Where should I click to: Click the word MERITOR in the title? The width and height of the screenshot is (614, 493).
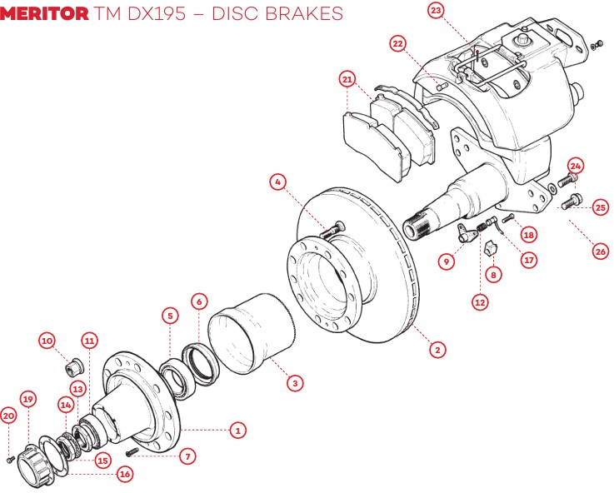click(44, 13)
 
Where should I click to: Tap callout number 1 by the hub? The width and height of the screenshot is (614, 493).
click(237, 431)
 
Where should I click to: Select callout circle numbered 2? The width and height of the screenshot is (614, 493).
click(436, 350)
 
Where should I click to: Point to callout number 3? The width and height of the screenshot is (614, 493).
click(293, 383)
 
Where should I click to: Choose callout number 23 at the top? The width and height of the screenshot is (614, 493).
click(437, 11)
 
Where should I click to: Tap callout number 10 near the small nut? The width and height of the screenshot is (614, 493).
click(47, 341)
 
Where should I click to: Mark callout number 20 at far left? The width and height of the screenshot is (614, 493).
click(8, 416)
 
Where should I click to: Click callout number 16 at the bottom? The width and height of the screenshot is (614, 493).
click(125, 474)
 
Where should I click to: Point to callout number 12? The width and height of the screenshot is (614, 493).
click(480, 303)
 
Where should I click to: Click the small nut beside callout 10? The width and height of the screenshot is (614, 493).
click(72, 366)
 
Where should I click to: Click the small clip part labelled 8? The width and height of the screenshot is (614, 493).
click(491, 249)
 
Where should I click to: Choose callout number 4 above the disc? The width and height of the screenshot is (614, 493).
click(279, 181)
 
